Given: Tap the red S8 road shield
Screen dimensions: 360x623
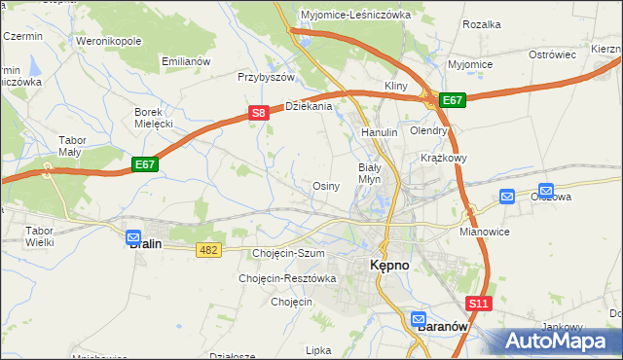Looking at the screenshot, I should (x=258, y=113).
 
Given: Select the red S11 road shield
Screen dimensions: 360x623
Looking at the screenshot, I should (x=478, y=305).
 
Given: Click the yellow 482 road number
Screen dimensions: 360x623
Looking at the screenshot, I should (x=208, y=250).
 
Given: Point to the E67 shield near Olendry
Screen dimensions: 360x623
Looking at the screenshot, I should (x=453, y=99).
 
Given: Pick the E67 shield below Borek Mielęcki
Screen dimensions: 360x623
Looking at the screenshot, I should (x=145, y=164).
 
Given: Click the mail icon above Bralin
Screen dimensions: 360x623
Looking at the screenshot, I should (x=133, y=234).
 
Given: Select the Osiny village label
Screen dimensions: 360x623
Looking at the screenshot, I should (x=326, y=186).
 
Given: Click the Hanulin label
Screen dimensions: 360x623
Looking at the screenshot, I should (x=379, y=132).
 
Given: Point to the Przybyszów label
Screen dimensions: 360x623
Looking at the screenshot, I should (x=266, y=77).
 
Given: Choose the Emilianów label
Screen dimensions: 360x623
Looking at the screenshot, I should (x=187, y=61).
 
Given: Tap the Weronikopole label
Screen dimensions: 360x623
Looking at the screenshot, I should (x=109, y=42).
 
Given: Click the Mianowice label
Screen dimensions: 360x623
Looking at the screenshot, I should (x=485, y=234).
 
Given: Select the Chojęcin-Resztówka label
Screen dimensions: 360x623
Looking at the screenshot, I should (x=287, y=278).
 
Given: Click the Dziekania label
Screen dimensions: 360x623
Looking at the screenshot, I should (x=308, y=106).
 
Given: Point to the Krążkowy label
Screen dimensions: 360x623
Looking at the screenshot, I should (x=445, y=158).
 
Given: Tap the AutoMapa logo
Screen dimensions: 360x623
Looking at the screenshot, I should (x=557, y=342).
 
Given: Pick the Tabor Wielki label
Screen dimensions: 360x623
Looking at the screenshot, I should (x=39, y=236).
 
